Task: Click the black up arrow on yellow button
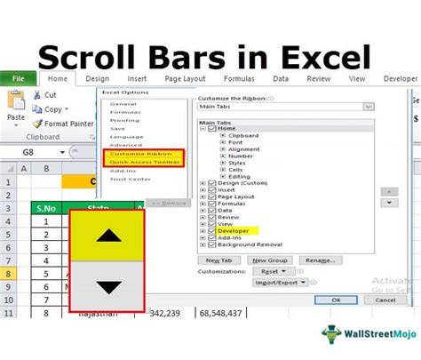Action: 107,236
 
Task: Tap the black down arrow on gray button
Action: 107,287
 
